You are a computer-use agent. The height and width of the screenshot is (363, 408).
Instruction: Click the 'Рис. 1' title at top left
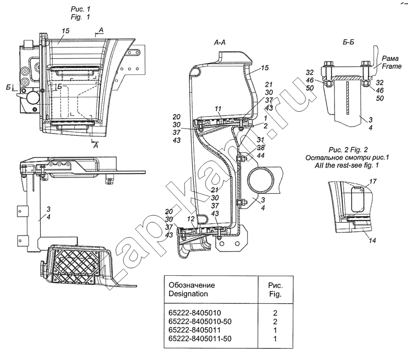tap(81, 9)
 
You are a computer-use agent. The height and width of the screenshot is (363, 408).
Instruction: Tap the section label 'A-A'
tap(220, 42)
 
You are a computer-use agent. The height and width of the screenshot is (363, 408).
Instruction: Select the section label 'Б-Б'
tap(348, 42)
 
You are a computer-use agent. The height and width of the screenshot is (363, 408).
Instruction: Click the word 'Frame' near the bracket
tap(392, 66)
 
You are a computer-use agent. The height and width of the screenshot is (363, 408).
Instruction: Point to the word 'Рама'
tap(390, 59)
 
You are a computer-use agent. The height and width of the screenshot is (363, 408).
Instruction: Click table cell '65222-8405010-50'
tap(200, 321)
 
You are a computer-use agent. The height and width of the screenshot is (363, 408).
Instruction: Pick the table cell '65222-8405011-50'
tap(200, 339)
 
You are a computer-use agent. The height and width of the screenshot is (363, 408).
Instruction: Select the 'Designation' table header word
tap(188, 294)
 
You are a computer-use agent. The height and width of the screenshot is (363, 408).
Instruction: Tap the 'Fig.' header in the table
tap(275, 294)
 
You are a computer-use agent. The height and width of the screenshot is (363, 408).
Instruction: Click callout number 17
tap(373, 181)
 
